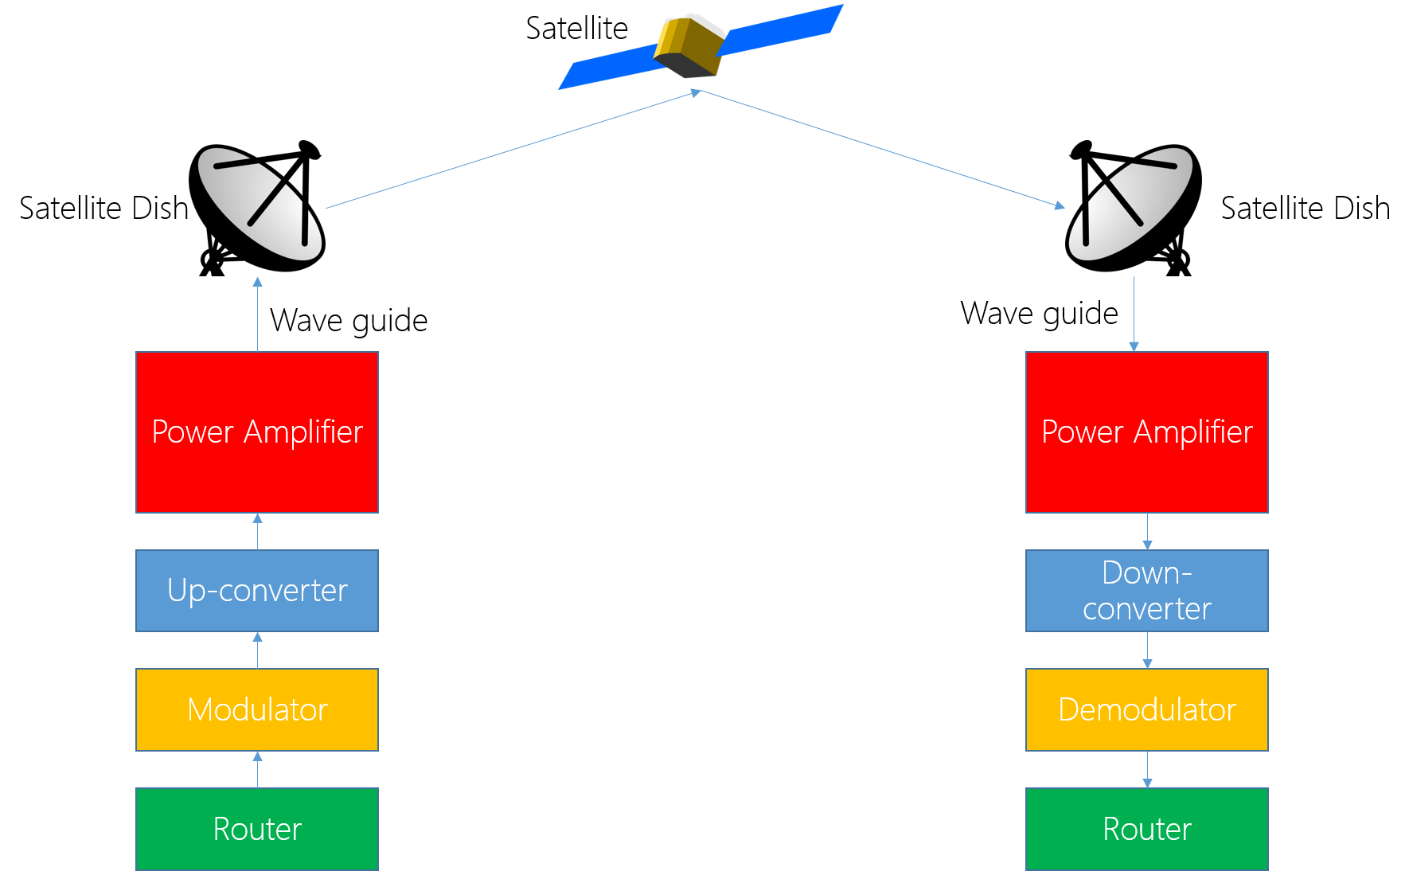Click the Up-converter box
257,591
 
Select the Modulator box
257,709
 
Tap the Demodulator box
1147,709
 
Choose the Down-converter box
1147,591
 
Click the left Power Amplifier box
257,432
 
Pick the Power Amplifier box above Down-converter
1147,432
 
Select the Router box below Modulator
257,829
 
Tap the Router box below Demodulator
1147,829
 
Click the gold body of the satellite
689,45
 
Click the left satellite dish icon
257,208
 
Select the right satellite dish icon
1134,208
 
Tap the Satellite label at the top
577,29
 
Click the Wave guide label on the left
349,321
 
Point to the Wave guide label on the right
1039,314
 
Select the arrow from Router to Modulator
257,770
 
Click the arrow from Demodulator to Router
1147,770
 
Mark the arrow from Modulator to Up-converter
257,650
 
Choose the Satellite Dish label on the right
1306,209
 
